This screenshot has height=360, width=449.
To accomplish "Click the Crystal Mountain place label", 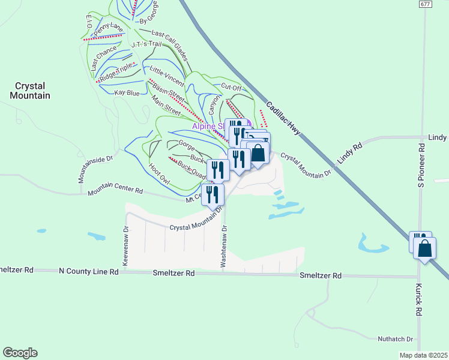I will (29, 90).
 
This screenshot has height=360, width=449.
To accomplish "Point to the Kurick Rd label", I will (419, 299).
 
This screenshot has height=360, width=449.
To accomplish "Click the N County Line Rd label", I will (89, 271).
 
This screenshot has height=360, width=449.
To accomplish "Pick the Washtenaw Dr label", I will (224, 246).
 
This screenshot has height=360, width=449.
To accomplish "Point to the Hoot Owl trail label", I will (160, 174).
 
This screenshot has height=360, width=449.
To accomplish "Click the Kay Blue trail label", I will (127, 93).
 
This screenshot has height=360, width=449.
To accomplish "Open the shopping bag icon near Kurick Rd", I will (424, 249).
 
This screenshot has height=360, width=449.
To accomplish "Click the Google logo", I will (20, 353).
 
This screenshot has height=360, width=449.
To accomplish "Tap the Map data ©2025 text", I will (423, 355).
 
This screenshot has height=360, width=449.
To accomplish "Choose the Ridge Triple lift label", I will (115, 73).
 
